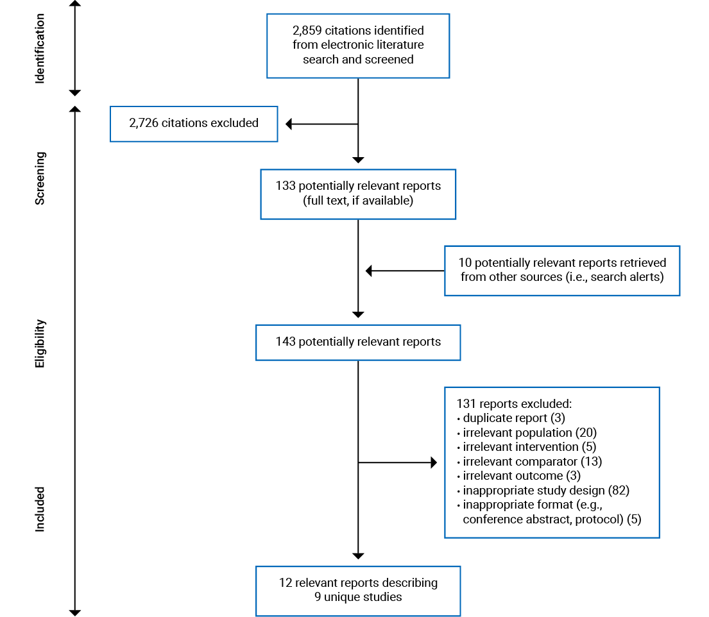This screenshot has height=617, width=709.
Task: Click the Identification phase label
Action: (40, 48)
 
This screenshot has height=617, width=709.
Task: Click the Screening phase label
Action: (40, 178)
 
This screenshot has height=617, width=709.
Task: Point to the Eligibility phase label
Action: (40, 344)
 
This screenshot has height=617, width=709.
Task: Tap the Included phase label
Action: (40, 509)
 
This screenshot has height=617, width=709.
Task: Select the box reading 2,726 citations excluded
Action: (194, 123)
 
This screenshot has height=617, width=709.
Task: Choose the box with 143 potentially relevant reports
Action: (357, 342)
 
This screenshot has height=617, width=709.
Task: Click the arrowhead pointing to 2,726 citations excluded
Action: (289, 124)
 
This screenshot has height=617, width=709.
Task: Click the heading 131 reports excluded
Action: (513, 404)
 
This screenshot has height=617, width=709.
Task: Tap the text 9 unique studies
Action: (358, 597)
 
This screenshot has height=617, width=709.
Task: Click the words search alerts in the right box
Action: (631, 277)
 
